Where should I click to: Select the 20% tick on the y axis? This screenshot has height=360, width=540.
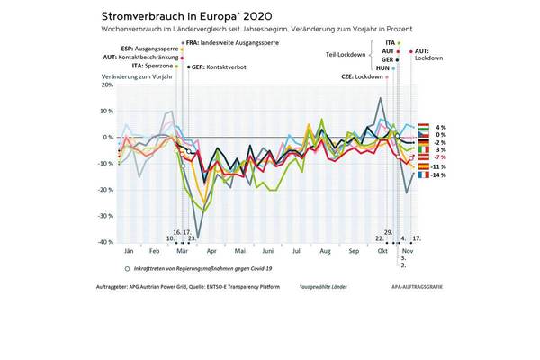pos(107,85)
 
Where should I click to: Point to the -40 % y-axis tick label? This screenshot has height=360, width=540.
pos(104,242)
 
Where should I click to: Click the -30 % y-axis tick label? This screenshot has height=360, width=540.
pos(104,216)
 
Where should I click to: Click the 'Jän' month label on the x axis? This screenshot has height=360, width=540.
pos(129,251)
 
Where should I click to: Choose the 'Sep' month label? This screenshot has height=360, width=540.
pos(354,251)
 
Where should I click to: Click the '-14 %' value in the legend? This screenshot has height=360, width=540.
pos(441,175)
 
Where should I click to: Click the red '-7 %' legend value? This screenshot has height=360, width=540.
pos(441,157)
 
